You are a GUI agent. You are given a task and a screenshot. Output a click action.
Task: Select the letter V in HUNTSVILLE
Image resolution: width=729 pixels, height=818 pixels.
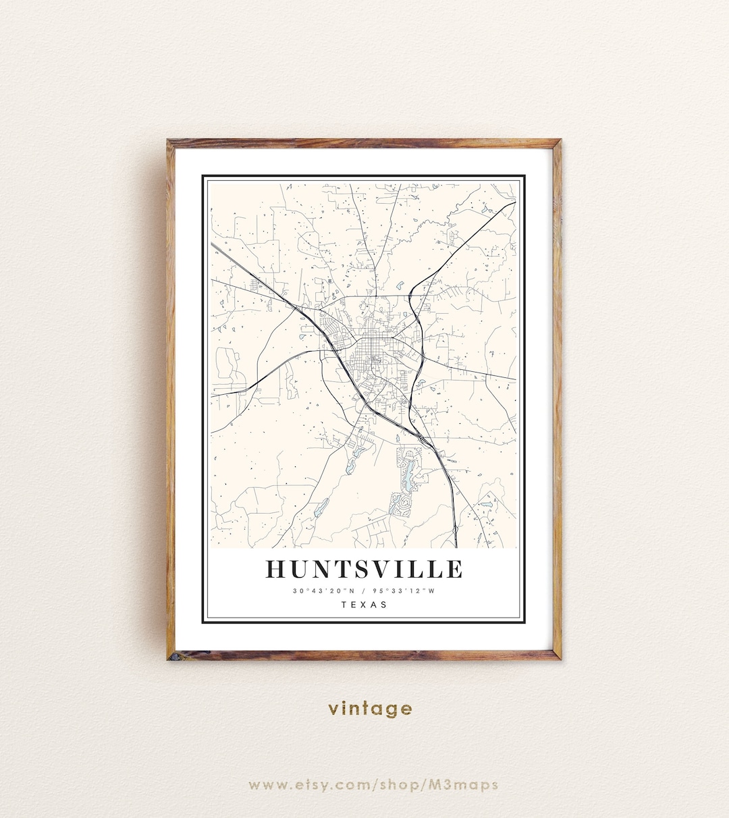385,569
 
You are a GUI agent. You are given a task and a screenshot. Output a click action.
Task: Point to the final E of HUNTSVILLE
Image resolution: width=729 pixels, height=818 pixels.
454,569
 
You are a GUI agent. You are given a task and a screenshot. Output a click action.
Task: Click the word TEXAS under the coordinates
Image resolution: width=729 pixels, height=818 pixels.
364,605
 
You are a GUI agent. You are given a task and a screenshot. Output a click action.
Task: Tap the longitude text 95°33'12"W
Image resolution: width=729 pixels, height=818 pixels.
406,591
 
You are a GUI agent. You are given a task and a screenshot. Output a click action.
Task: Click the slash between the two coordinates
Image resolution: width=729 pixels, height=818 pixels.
363,591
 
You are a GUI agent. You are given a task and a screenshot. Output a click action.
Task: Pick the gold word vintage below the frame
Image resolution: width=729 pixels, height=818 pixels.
371,709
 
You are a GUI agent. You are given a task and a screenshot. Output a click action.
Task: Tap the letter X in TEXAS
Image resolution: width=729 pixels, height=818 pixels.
364,605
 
